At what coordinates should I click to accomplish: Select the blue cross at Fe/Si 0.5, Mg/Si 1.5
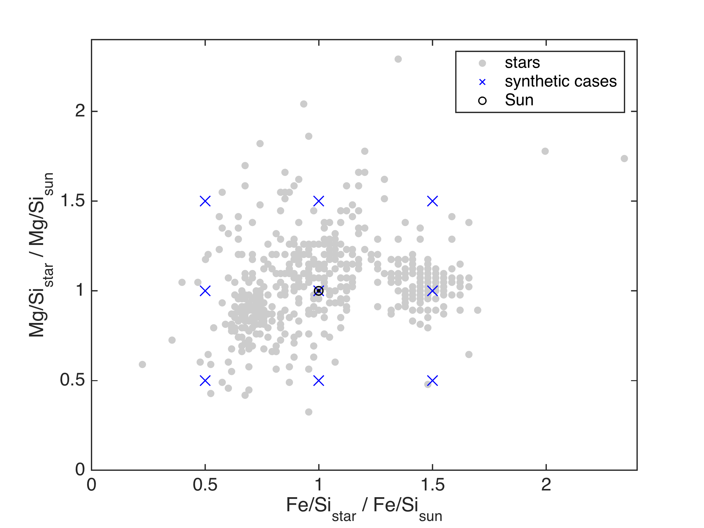(x=205, y=201)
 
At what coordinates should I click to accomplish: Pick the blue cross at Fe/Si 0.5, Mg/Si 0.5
(x=205, y=380)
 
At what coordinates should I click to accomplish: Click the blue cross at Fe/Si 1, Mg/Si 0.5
(x=319, y=380)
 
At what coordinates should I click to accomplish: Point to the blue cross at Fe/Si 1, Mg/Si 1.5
(x=319, y=201)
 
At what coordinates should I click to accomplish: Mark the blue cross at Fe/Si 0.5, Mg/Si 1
(x=205, y=291)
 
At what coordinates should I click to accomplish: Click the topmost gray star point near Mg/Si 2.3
(x=398, y=59)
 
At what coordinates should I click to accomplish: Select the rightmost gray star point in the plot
(x=625, y=158)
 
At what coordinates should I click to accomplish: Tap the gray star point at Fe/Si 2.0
(x=545, y=151)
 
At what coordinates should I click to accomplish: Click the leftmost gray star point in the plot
(x=142, y=364)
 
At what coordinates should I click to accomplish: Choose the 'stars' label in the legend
(x=522, y=63)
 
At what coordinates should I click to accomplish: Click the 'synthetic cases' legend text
(x=561, y=82)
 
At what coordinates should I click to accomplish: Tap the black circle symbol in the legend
(x=483, y=101)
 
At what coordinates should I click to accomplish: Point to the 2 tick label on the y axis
(x=80, y=111)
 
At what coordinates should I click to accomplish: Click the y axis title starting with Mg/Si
(x=41, y=255)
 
